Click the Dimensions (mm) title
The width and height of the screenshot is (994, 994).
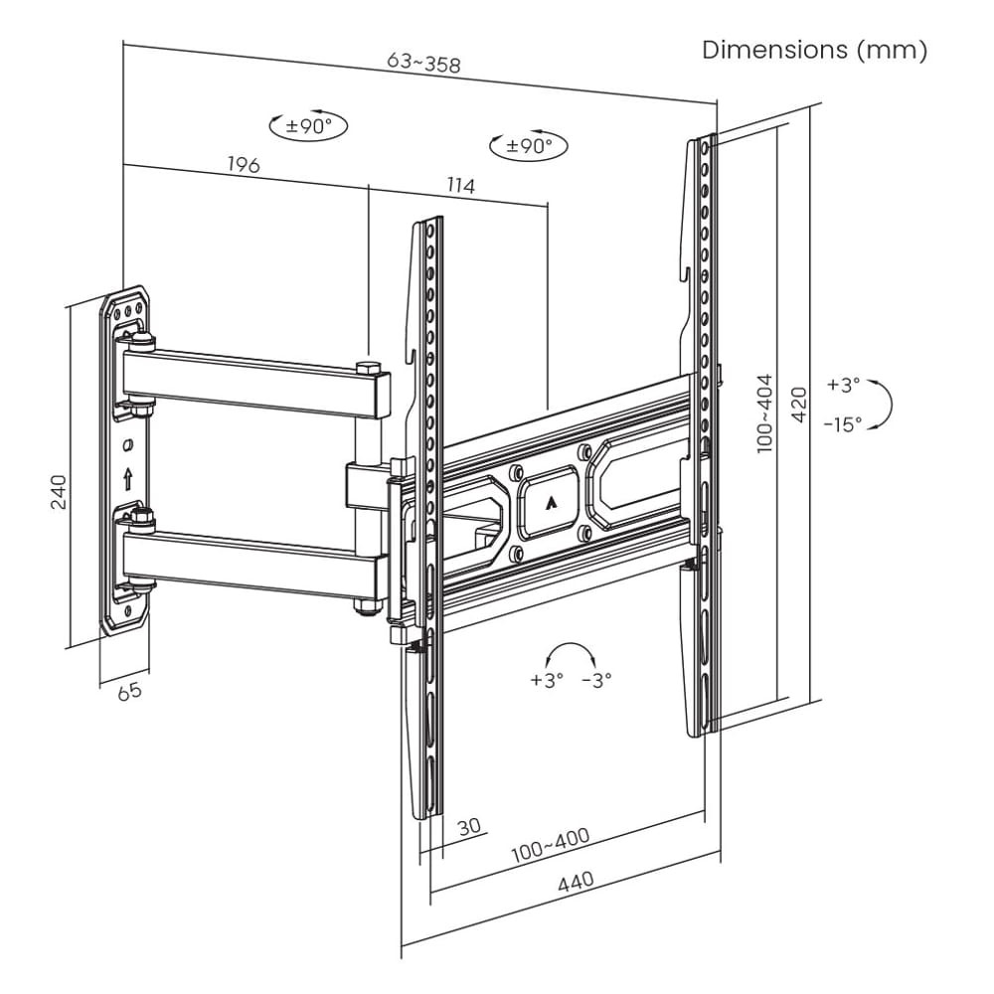[814, 50]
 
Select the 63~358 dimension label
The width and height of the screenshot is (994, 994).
[423, 62]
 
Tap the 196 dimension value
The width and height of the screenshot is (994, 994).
[244, 164]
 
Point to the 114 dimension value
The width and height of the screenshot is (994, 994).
[460, 185]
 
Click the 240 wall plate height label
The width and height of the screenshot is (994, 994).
[59, 491]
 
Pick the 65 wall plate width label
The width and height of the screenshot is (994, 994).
[129, 691]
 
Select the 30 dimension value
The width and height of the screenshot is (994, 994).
[469, 827]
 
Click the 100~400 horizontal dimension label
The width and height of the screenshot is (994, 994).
[551, 844]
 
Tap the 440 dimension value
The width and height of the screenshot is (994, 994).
[577, 881]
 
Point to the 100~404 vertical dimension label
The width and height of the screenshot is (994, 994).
[765, 413]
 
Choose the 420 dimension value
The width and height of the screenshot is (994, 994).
[799, 404]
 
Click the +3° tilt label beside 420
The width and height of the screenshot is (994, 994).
[843, 384]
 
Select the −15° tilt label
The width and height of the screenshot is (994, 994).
[843, 423]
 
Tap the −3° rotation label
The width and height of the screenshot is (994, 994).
[595, 680]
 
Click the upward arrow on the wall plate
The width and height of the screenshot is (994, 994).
[127, 478]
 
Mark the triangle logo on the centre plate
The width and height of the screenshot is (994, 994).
[550, 501]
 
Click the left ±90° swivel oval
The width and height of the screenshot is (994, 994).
[309, 125]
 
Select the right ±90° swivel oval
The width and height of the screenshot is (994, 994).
[529, 146]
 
